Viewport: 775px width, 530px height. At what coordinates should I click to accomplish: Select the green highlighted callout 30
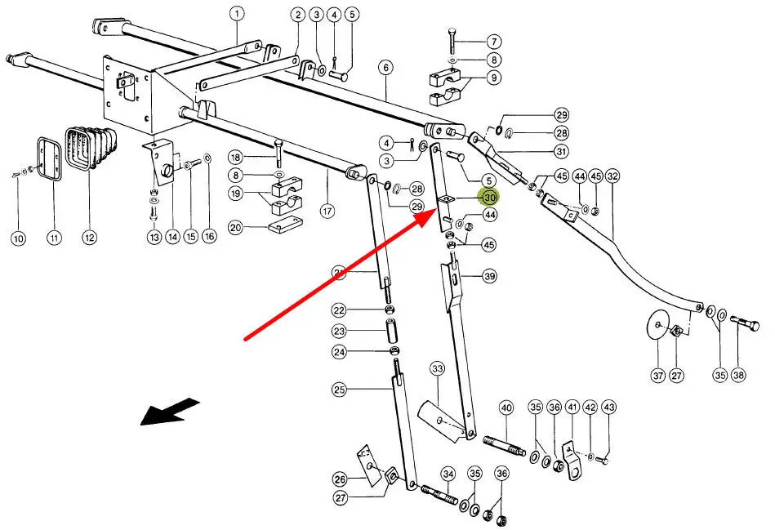tap(490, 198)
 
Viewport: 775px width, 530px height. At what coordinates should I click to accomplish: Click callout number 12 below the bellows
tap(89, 238)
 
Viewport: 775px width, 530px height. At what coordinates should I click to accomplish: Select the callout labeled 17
tap(327, 211)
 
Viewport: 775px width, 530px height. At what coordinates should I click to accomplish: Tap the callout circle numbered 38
tap(738, 376)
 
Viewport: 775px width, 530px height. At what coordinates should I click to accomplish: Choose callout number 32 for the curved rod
tap(612, 176)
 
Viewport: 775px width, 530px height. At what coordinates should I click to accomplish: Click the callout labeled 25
tap(340, 390)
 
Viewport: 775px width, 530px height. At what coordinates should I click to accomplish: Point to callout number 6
tap(385, 69)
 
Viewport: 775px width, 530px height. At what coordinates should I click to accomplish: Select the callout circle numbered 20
tap(236, 228)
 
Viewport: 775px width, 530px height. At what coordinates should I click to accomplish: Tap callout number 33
tap(438, 370)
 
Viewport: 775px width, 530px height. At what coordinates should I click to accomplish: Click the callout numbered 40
tap(506, 408)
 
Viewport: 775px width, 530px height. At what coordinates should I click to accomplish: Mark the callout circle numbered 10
tap(18, 238)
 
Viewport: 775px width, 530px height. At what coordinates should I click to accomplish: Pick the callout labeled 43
tap(608, 408)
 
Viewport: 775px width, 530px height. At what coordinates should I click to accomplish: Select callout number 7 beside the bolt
tap(494, 41)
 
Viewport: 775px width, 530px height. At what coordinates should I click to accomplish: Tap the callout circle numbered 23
tap(340, 331)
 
